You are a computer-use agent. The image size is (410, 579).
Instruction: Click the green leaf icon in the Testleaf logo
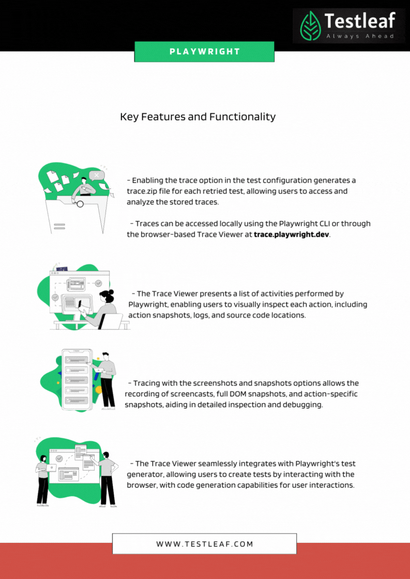tap(310, 26)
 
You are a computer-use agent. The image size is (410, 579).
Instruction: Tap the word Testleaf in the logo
tap(360, 21)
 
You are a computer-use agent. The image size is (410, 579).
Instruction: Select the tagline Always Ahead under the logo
tap(360, 36)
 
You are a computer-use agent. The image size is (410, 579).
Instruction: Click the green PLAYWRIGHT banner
tap(204, 52)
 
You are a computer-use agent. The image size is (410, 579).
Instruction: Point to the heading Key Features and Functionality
tap(198, 117)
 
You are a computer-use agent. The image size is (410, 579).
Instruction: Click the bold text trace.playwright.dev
tap(291, 234)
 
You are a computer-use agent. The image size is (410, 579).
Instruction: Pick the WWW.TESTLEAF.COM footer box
tap(204, 543)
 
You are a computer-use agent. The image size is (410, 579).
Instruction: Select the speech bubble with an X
tap(97, 175)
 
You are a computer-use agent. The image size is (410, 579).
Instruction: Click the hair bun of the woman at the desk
tap(110, 293)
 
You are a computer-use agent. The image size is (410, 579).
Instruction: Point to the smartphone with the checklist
tap(77, 379)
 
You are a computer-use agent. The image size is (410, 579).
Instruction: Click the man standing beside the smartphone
tap(106, 381)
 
